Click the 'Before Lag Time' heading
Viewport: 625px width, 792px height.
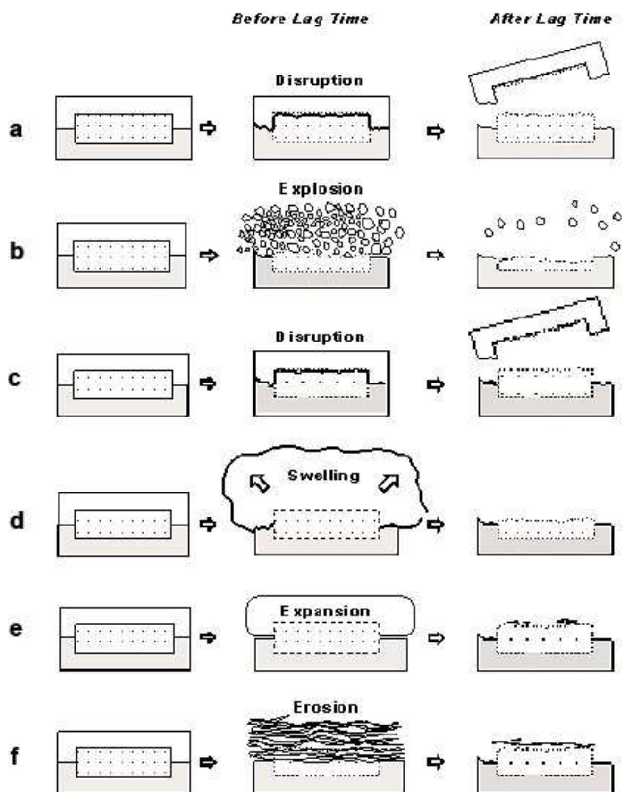click(x=300, y=19)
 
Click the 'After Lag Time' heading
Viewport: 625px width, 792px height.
click(x=550, y=19)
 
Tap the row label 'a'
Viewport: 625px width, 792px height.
click(x=16, y=129)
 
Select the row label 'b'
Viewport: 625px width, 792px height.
click(x=17, y=250)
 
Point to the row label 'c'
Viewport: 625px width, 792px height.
click(x=15, y=379)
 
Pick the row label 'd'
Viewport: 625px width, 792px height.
click(x=17, y=521)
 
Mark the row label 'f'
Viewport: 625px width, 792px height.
click(x=15, y=756)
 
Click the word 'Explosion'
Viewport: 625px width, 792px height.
click(x=321, y=189)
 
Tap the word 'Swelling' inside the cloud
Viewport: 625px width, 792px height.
click(x=323, y=475)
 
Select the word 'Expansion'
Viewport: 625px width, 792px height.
click(x=325, y=611)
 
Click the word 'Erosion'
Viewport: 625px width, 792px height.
click(x=325, y=708)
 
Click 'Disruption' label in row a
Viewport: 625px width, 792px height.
click(x=319, y=81)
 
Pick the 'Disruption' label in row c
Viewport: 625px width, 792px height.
click(x=320, y=337)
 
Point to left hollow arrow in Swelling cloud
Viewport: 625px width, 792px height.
click(x=259, y=484)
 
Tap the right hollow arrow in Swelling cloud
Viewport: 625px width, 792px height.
click(x=389, y=483)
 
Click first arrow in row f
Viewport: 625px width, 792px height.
click(x=208, y=762)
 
